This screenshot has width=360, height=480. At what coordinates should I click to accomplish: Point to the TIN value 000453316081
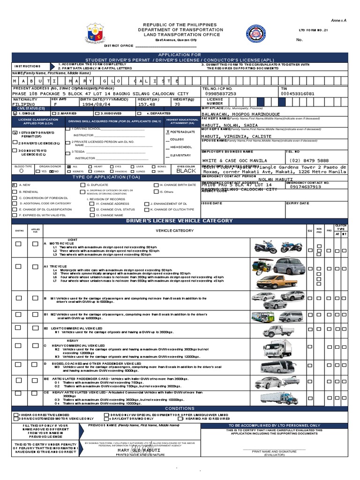297,93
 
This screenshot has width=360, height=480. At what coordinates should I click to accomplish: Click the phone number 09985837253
221,93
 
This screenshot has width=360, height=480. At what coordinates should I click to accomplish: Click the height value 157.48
146,105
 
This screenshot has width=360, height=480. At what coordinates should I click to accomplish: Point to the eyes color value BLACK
186,172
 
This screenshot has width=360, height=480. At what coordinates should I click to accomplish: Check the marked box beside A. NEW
14,185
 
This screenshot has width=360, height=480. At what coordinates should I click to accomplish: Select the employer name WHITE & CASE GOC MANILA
234,160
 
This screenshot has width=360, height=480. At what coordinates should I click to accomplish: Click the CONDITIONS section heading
180,408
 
